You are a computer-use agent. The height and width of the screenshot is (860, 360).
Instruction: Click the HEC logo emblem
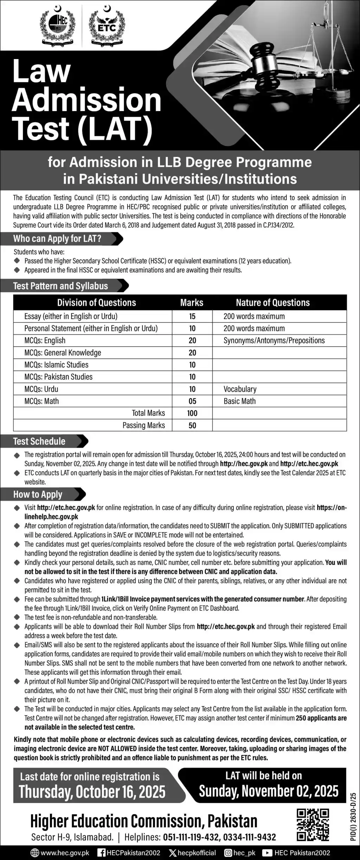pyautogui.click(x=58, y=26)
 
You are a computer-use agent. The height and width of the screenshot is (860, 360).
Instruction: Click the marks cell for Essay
pyautogui.click(x=192, y=316)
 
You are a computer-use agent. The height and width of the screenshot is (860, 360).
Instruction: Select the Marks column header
pyautogui.click(x=192, y=303)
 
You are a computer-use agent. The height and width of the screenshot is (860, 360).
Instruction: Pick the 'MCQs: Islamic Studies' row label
pyautogui.click(x=56, y=365)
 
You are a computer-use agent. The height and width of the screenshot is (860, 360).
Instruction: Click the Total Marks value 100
pyautogui.click(x=192, y=413)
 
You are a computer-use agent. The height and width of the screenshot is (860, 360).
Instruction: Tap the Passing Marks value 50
pyautogui.click(x=192, y=426)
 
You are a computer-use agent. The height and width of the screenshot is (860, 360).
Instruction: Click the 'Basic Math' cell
pyautogui.click(x=239, y=401)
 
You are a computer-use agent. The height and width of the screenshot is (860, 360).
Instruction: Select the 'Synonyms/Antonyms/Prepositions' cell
pyautogui.click(x=274, y=341)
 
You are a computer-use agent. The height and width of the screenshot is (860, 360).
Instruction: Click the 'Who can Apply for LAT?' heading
pyautogui.click(x=57, y=239)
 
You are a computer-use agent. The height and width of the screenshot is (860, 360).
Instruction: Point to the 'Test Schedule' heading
pyautogui.click(x=39, y=441)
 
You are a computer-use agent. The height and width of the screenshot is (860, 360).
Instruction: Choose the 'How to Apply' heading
pyautogui.click(x=38, y=494)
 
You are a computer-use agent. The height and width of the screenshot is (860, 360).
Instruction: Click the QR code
pyautogui.click(x=313, y=825)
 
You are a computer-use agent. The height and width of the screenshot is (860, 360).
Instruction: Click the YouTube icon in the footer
pyautogui.click(x=268, y=853)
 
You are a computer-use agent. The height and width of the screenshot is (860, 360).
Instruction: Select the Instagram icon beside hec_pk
pyautogui.click(x=228, y=853)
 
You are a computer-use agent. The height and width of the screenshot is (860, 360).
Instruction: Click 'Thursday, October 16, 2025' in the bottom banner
pyautogui.click(x=92, y=791)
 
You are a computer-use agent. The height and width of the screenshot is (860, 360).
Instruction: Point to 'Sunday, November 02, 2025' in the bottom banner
pyautogui.click(x=269, y=791)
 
